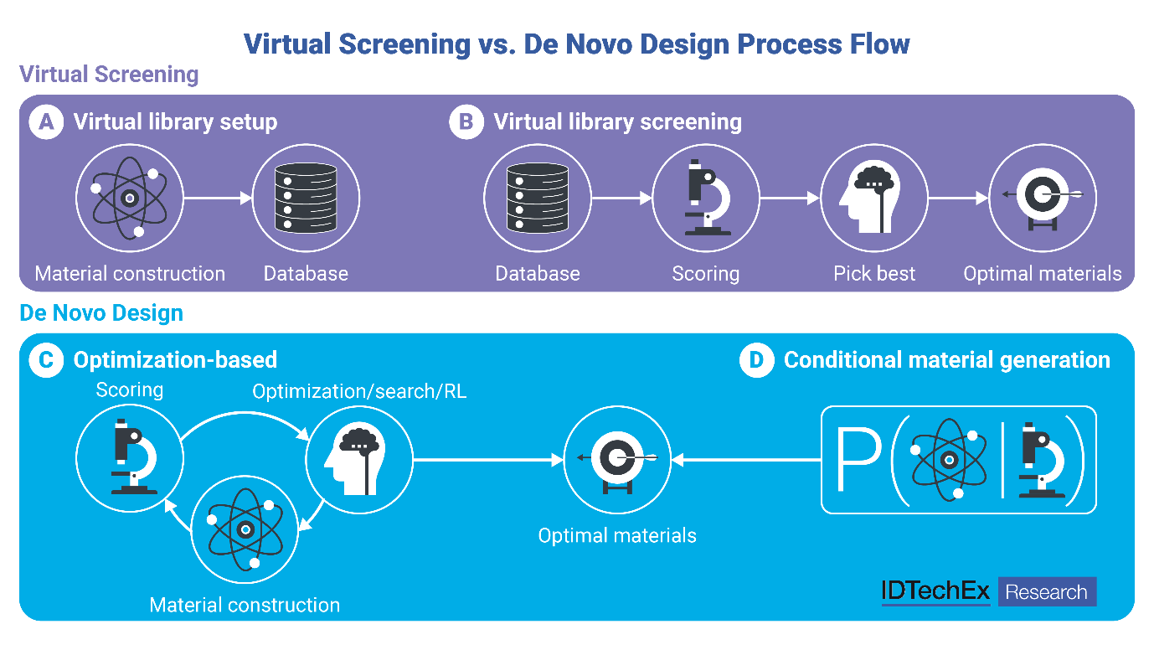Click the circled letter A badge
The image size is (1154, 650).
[47, 122]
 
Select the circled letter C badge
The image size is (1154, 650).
[47, 360]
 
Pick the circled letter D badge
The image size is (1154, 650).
[757, 360]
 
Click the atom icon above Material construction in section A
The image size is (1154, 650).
[130, 199]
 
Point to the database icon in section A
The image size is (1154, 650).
[307, 199]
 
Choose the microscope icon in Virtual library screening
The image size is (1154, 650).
[706, 199]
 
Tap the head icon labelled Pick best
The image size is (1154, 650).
[874, 199]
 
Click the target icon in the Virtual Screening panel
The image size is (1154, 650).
[1043, 199]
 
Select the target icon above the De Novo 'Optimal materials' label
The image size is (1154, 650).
[618, 459]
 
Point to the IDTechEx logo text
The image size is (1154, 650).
[935, 592]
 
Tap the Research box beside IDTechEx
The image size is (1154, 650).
[1047, 592]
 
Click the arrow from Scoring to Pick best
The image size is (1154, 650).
[790, 199]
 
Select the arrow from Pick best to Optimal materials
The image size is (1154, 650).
[958, 199]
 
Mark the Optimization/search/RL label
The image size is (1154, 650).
[359, 391]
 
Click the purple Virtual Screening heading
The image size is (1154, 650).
[109, 75]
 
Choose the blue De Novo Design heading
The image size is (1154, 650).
[101, 313]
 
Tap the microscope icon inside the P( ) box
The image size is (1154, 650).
[1039, 461]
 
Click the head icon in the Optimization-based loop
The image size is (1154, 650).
[358, 459]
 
